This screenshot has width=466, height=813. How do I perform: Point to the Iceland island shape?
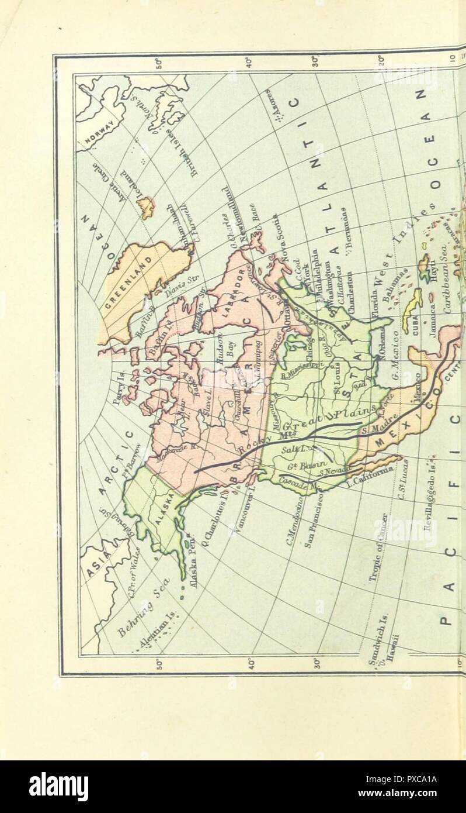click(x=146, y=206)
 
